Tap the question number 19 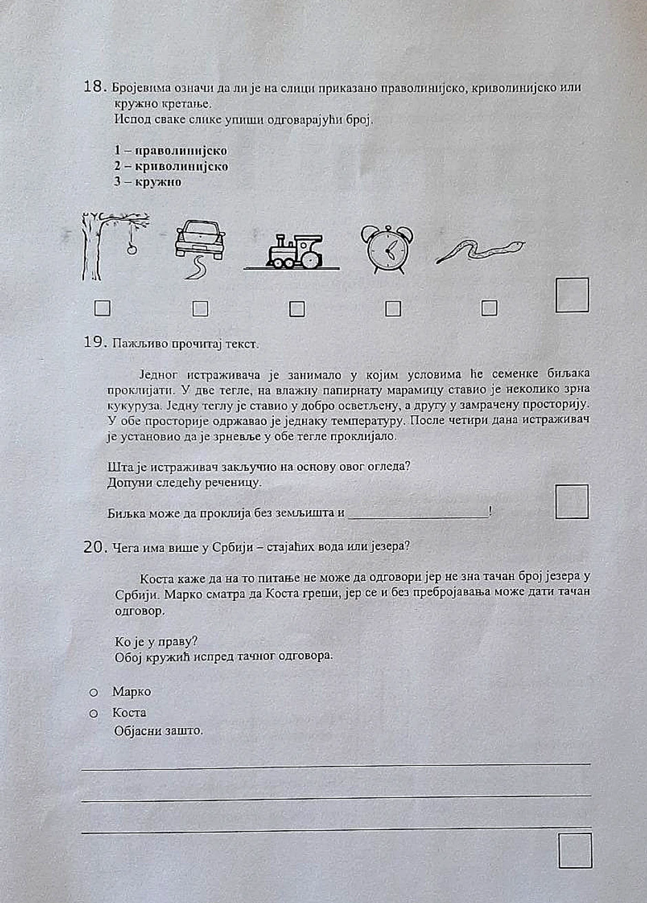[x=94, y=342]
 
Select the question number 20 [x=94, y=547]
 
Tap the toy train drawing [x=294, y=251]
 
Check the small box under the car [x=200, y=309]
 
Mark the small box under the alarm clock [x=393, y=309]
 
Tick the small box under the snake [x=489, y=308]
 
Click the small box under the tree [x=102, y=308]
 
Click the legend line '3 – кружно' [x=147, y=182]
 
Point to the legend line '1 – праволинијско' [x=170, y=150]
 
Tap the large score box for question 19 [x=572, y=501]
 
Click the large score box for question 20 [x=575, y=851]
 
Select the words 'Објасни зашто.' [x=158, y=731]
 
